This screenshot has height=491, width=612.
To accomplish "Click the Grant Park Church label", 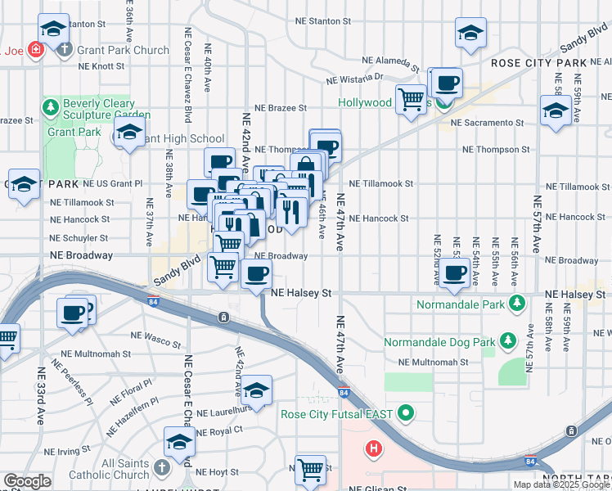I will (x=123, y=50).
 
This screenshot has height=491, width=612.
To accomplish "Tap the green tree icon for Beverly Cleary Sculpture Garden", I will (x=51, y=107).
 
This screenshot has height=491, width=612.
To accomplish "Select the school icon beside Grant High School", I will (x=130, y=133).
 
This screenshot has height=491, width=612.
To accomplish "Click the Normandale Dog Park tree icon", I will (x=508, y=339).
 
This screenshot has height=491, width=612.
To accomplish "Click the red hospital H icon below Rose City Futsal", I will (x=374, y=448).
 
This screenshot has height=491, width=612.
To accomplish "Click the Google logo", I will (x=27, y=482).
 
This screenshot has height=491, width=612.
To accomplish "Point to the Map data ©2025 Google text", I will (x=561, y=484).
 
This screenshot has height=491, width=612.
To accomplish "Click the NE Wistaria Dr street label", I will (x=354, y=79).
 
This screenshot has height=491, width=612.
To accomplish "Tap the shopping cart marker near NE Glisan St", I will (x=310, y=471).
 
